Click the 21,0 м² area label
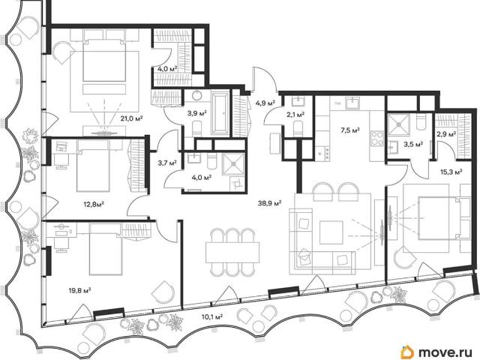[132, 118]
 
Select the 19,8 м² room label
[79, 289]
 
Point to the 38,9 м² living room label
[270, 202]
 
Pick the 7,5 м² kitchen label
[350, 130]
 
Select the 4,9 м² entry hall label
[265, 103]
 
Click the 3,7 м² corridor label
[167, 163]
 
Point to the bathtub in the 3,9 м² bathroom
[220, 114]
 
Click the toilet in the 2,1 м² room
[298, 128]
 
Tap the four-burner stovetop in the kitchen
[378, 138]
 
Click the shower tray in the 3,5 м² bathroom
[398, 124]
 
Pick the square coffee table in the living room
[331, 232]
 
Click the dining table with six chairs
[232, 252]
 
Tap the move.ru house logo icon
[407, 352]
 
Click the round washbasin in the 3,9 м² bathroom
[196, 96]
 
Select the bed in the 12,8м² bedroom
[93, 166]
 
